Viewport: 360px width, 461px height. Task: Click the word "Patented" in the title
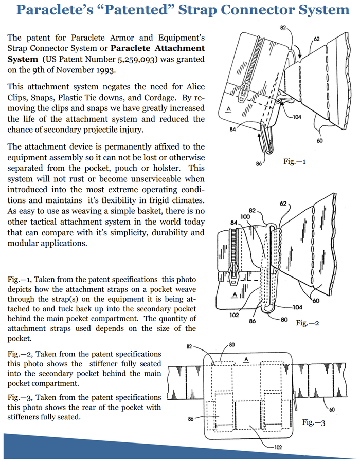pos(155,10)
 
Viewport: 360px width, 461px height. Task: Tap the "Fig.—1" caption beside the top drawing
pos(295,161)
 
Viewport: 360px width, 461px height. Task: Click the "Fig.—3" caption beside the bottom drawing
pos(314,422)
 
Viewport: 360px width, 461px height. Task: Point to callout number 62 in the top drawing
pos(317,39)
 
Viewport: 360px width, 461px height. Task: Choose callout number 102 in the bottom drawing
pos(277,447)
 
